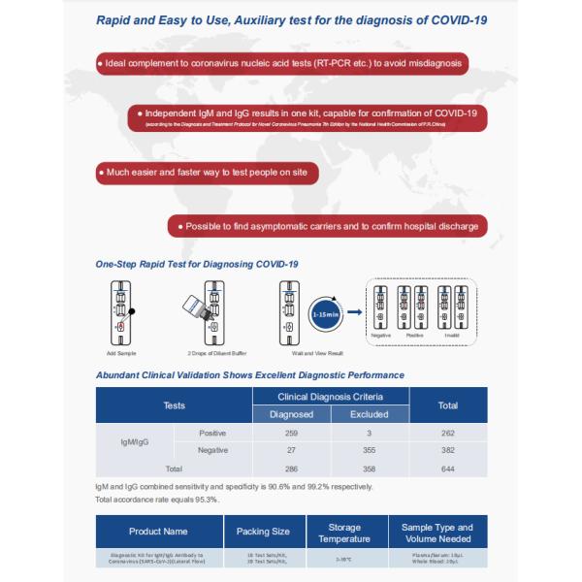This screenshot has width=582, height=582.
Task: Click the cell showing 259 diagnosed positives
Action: (x=291, y=433)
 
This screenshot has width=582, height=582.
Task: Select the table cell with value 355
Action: (x=368, y=450)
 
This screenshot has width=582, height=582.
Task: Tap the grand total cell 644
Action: (x=448, y=469)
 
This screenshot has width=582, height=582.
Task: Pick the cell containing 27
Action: (x=291, y=450)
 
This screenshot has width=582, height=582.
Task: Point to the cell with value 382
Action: (x=448, y=450)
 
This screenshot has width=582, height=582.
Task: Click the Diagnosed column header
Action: (x=291, y=413)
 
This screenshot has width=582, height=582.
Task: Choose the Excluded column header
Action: (x=368, y=413)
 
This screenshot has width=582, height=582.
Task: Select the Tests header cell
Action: (x=174, y=404)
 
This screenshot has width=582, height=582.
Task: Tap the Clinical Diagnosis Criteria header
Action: (x=330, y=396)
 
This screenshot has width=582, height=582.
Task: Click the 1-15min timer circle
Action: (x=325, y=313)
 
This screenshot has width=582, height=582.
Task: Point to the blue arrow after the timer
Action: (x=354, y=313)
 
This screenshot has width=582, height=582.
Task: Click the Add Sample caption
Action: (x=121, y=353)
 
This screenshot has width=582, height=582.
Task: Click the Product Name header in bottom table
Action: (x=158, y=532)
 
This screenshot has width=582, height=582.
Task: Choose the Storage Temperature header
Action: (x=344, y=533)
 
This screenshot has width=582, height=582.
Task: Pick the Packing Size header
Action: (x=263, y=532)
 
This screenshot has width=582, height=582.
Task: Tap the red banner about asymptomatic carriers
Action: (x=326, y=227)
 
